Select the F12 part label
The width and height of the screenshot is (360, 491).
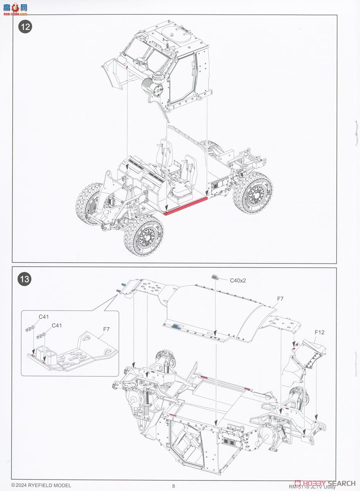tap(319, 332)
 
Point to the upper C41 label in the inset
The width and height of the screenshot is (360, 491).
tap(44, 317)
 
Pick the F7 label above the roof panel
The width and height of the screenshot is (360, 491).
tap(280, 299)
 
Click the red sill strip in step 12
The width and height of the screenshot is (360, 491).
tap(186, 205)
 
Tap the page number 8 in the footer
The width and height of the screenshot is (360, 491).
tap(174, 486)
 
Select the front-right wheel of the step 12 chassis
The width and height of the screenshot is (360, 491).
tap(146, 234)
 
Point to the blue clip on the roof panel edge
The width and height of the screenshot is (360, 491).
tap(177, 326)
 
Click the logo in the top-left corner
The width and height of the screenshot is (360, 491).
tap(15, 8)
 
